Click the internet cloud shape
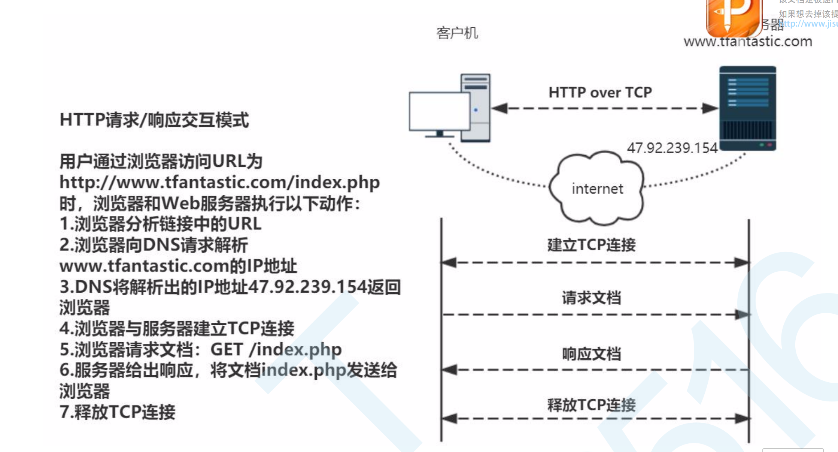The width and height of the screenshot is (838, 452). click(597, 188)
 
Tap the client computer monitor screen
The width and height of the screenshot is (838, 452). click(439, 111)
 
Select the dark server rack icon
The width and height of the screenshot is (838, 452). click(747, 108)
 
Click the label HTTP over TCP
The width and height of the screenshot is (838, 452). click(600, 92)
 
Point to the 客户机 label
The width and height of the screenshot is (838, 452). click(457, 33)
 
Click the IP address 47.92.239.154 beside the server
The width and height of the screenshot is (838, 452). click(672, 148)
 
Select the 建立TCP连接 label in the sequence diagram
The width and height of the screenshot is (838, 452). click(591, 245)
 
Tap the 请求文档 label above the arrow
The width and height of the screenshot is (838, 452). click(591, 298)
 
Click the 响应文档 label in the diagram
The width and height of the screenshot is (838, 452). click(591, 354)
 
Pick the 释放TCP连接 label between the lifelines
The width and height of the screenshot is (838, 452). click(591, 405)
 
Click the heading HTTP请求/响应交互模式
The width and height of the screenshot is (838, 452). click(154, 120)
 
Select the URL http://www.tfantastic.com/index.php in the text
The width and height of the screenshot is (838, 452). click(219, 183)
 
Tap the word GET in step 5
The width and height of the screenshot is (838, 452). click(226, 349)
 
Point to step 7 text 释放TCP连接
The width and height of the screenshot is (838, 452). click(117, 412)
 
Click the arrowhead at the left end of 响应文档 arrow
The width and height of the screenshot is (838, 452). click(449, 370)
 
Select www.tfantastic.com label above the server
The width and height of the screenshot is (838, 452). click(747, 42)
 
